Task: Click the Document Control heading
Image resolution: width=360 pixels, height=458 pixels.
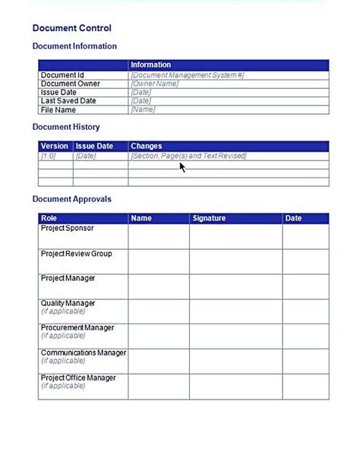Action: (x=71, y=28)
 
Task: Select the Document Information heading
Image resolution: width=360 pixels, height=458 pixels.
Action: (x=74, y=46)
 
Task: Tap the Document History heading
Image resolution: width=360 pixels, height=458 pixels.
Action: (x=66, y=127)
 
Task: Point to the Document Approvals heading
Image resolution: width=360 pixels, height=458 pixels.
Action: (x=71, y=199)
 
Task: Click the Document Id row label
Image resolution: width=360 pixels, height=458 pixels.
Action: (x=62, y=75)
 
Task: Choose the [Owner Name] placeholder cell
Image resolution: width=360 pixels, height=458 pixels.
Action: (x=155, y=84)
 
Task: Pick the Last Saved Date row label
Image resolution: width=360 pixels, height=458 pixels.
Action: (x=68, y=101)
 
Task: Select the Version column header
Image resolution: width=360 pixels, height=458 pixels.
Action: (x=54, y=146)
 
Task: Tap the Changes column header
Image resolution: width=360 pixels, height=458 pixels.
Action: (x=146, y=146)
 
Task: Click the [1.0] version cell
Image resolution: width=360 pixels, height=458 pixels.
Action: (x=48, y=156)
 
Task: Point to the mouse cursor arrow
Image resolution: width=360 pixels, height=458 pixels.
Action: (x=182, y=166)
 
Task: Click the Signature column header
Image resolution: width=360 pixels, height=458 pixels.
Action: (x=209, y=218)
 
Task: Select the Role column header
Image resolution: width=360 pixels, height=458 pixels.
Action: (x=49, y=218)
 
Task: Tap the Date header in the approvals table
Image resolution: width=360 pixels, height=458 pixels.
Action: (x=293, y=218)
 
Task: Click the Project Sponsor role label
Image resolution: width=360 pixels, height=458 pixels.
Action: (x=68, y=228)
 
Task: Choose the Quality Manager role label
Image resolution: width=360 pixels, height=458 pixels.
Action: (x=68, y=303)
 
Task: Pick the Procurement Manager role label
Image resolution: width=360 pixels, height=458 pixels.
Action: (x=77, y=328)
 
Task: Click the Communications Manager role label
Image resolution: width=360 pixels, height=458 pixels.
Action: (x=84, y=353)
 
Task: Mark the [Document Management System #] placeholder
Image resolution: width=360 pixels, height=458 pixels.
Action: (x=188, y=75)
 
